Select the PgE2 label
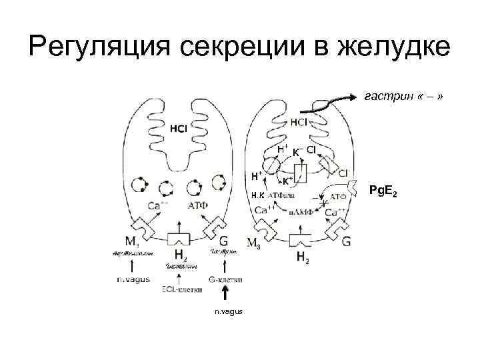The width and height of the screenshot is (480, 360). coord(385,193)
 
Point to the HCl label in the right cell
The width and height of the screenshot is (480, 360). coord(299,123)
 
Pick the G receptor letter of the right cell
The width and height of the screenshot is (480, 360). coord(346,241)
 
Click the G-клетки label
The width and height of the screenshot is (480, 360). coord(224,279)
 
